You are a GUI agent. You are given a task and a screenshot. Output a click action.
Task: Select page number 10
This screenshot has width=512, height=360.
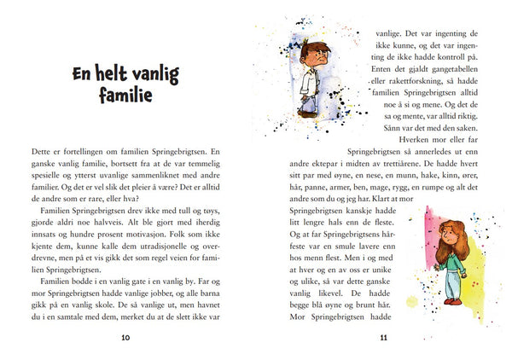[x=125, y=339]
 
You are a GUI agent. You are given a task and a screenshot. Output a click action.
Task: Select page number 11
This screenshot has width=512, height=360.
[x=383, y=339]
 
